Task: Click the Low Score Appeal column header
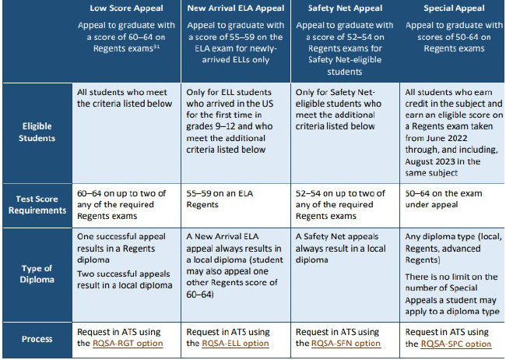pyautogui.click(x=126, y=9)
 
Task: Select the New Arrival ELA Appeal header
pyautogui.click(x=236, y=9)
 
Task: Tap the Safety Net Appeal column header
pyautogui.click(x=344, y=9)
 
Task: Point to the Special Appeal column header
pyautogui.click(x=453, y=9)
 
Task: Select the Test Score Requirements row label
pyautogui.click(x=37, y=204)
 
